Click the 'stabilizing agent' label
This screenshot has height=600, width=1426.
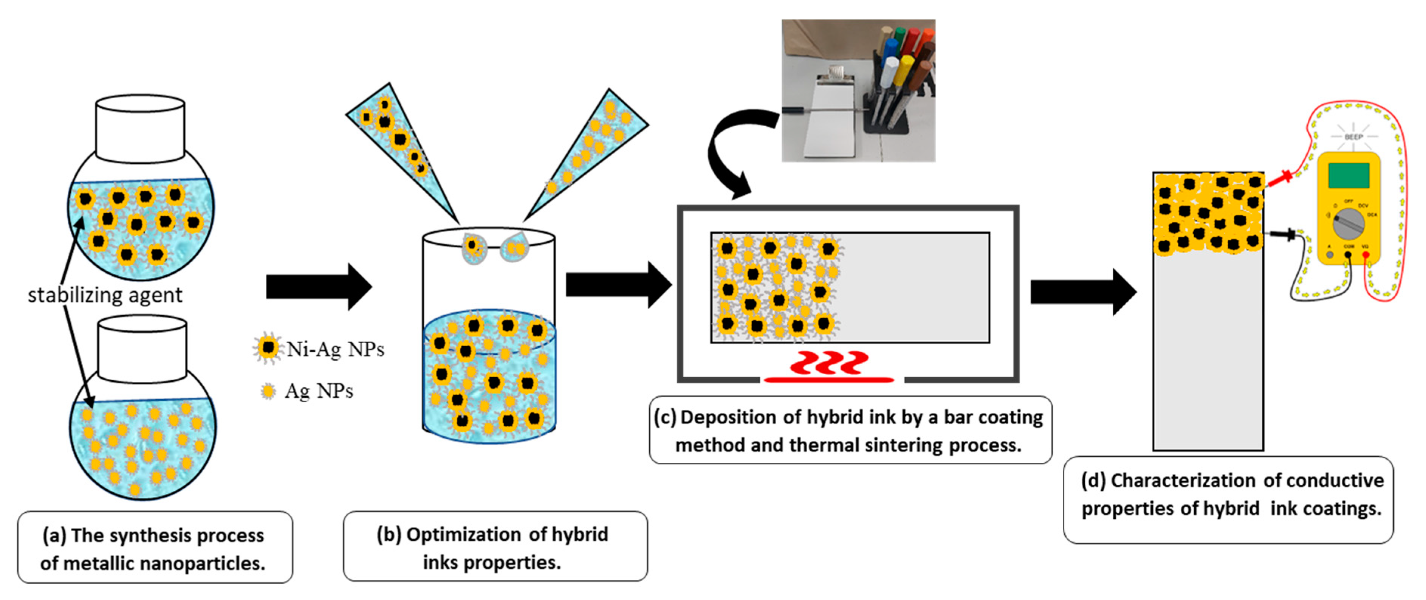point(105,295)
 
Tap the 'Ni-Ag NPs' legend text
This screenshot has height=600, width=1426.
point(335,349)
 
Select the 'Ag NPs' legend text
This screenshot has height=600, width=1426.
point(319,391)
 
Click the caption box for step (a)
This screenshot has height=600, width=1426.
point(155,547)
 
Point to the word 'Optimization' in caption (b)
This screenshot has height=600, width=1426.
point(463,534)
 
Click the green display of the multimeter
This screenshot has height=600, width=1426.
point(1349,175)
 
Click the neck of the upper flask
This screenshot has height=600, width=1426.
point(140,129)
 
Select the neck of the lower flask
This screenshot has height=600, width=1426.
point(142,349)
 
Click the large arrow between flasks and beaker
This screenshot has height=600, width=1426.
point(318,287)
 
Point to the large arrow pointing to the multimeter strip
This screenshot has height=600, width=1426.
point(1082,292)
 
